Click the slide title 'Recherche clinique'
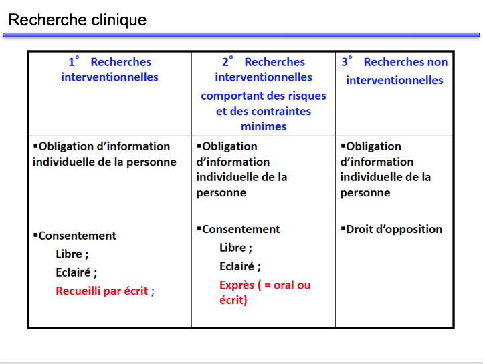pyautogui.click(x=77, y=19)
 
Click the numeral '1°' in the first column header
pyautogui.click(x=74, y=62)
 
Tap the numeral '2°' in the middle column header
pyautogui.click(x=227, y=62)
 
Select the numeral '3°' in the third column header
pyautogui.click(x=347, y=62)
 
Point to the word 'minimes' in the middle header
pyautogui.click(x=264, y=126)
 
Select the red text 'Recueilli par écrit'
pyautogui.click(x=102, y=291)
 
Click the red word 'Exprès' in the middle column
pyautogui.click(x=237, y=285)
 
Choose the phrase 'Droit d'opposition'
pyautogui.click(x=394, y=229)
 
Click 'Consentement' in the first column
pyautogui.click(x=77, y=236)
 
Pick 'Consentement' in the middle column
pyautogui.click(x=241, y=229)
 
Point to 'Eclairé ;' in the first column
pyautogui.click(x=76, y=272)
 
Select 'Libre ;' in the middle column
pyautogui.click(x=235, y=248)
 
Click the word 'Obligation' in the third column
pyautogui.click(x=373, y=146)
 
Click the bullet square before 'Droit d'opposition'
pyautogui.click(x=343, y=228)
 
